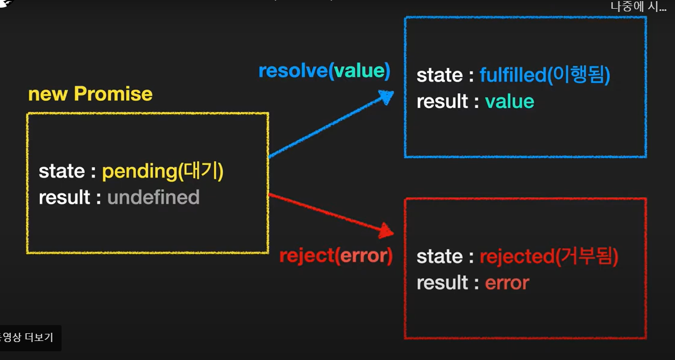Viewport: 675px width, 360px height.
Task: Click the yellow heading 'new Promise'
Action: pos(90,94)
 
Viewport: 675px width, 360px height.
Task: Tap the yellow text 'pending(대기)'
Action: pos(163,172)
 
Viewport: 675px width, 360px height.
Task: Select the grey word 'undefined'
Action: pos(154,197)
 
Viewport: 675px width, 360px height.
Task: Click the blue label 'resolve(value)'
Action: pos(325,71)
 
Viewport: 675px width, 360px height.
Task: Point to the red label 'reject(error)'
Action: pos(336,257)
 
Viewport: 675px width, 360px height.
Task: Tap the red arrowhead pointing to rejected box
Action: pos(386,231)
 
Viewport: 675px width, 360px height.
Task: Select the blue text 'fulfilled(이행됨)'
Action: pos(545,75)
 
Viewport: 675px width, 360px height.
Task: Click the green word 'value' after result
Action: pos(509,101)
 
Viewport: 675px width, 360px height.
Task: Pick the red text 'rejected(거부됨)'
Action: pos(549,257)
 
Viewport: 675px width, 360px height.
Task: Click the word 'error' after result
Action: pos(507,283)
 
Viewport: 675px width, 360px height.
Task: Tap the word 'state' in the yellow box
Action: pos(62,171)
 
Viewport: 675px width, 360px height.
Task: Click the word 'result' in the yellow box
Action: pos(64,197)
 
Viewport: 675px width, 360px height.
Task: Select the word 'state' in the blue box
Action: pos(440,75)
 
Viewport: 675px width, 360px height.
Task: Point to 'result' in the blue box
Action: pos(442,101)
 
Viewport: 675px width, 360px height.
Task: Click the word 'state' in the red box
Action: pos(440,257)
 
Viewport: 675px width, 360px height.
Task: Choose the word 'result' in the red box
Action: pos(442,283)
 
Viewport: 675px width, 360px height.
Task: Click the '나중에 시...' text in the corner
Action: pos(638,7)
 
